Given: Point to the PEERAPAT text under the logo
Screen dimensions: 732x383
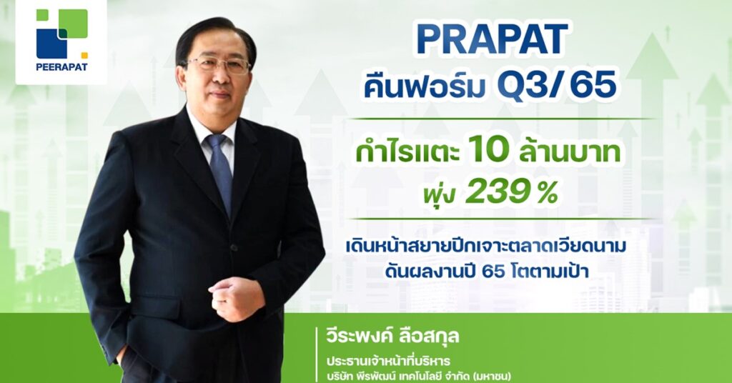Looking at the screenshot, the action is pos(61,66).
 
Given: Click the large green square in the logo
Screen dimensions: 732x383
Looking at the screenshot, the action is pos(73,24).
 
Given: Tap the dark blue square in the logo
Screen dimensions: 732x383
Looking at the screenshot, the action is pos(51,44).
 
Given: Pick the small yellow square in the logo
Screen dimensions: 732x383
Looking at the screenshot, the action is pos(84,55).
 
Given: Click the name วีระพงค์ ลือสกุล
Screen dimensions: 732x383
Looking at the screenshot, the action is pos(392,336).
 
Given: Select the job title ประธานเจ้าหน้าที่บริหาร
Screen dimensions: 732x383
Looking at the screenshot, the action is pos(388,361).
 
